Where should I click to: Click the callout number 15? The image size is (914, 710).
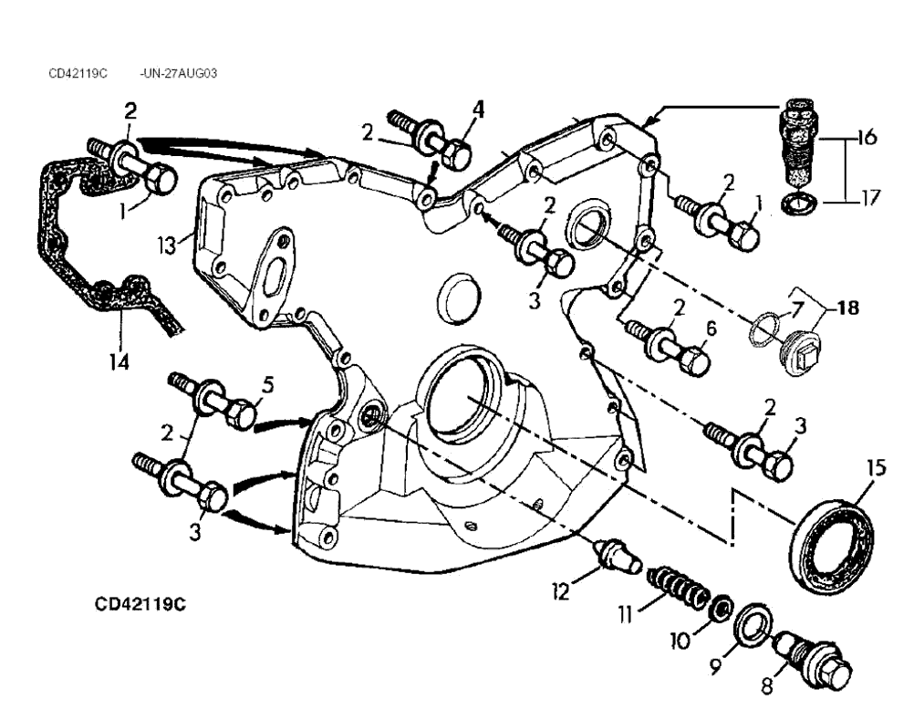pos(876,469)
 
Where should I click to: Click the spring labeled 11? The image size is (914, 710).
pos(676,586)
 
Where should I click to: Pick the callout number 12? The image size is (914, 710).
pos(560,592)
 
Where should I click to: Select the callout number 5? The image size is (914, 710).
pos(267,386)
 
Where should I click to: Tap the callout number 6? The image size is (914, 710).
pos(711,327)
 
